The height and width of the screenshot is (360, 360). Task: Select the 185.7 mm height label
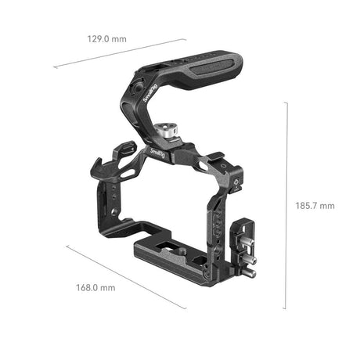315,206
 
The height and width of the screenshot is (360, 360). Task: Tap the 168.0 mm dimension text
97,287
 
